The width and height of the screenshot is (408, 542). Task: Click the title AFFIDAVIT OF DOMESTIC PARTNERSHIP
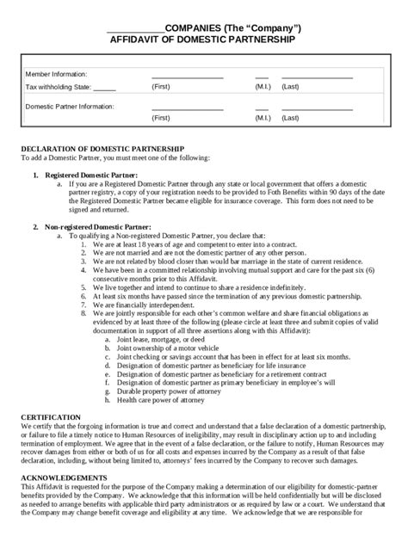pos(203,40)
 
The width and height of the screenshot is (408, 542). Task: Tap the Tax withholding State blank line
pos(104,88)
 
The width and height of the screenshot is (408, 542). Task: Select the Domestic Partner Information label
pos(70,106)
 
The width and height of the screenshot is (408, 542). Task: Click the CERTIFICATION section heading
pos(50,416)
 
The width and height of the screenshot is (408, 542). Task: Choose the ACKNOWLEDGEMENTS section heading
pos(64,477)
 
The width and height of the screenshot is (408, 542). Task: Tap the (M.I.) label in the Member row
pos(263,87)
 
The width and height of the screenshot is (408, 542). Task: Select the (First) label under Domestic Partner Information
pos(161,118)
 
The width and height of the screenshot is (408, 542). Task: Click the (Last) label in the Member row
pos(290,87)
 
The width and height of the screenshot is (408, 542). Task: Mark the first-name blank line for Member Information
pos(186,78)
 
